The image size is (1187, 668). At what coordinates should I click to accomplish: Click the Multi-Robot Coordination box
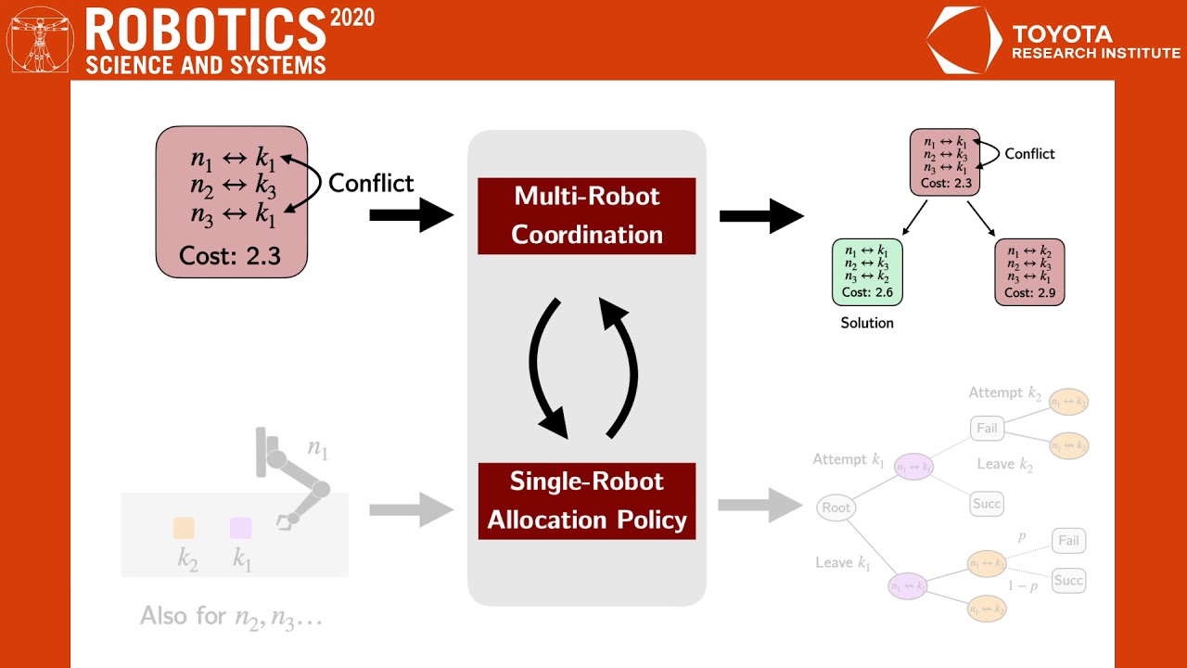[x=586, y=215]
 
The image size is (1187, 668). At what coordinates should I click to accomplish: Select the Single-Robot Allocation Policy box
[x=586, y=501]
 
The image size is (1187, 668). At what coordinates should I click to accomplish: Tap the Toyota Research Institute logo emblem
[x=964, y=41]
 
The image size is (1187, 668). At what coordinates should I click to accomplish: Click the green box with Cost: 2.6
[x=867, y=272]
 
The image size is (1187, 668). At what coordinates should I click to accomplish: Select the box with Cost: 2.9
[x=1029, y=272]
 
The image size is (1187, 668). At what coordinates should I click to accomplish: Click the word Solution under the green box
[x=867, y=323]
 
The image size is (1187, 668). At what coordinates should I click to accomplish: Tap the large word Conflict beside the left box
[x=371, y=183]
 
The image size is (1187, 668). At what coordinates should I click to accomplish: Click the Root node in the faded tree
[x=836, y=507]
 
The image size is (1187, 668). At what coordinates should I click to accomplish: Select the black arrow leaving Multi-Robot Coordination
[x=760, y=216]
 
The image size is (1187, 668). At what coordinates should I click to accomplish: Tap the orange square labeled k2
[x=184, y=528]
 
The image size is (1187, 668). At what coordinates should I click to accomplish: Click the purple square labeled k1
[x=240, y=528]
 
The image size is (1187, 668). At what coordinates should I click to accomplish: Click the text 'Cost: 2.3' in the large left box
[x=231, y=255]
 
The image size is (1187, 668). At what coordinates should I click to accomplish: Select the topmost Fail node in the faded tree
[x=987, y=428]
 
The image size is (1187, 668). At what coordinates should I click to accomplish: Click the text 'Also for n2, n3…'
[x=231, y=615]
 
